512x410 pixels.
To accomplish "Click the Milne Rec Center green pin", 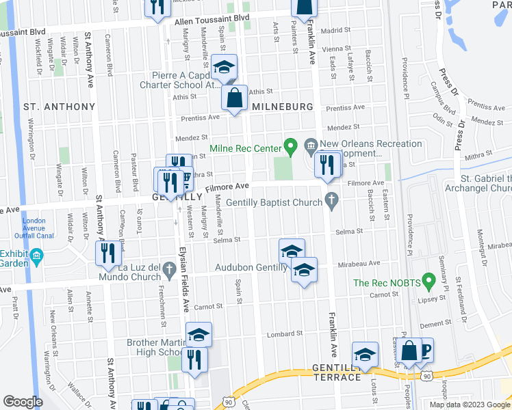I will click(290, 146).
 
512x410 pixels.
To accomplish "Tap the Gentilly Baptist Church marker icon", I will click(332, 201).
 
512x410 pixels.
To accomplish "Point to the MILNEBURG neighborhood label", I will click(282, 107).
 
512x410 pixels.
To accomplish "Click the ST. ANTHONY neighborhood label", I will click(59, 107).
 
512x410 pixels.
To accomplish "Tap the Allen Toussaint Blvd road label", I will click(212, 22).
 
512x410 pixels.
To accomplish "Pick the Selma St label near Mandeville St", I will click(227, 240).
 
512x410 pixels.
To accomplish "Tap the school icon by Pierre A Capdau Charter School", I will click(223, 66).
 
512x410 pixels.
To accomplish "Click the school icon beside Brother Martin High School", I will click(199, 335).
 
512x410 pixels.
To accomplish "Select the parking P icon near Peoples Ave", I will click(426, 350).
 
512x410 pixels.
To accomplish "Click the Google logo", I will click(23, 402).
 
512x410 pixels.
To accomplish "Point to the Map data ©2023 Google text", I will click(469, 405).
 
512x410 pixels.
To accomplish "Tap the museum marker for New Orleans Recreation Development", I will click(310, 145).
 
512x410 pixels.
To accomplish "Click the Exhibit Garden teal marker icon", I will click(37, 256).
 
